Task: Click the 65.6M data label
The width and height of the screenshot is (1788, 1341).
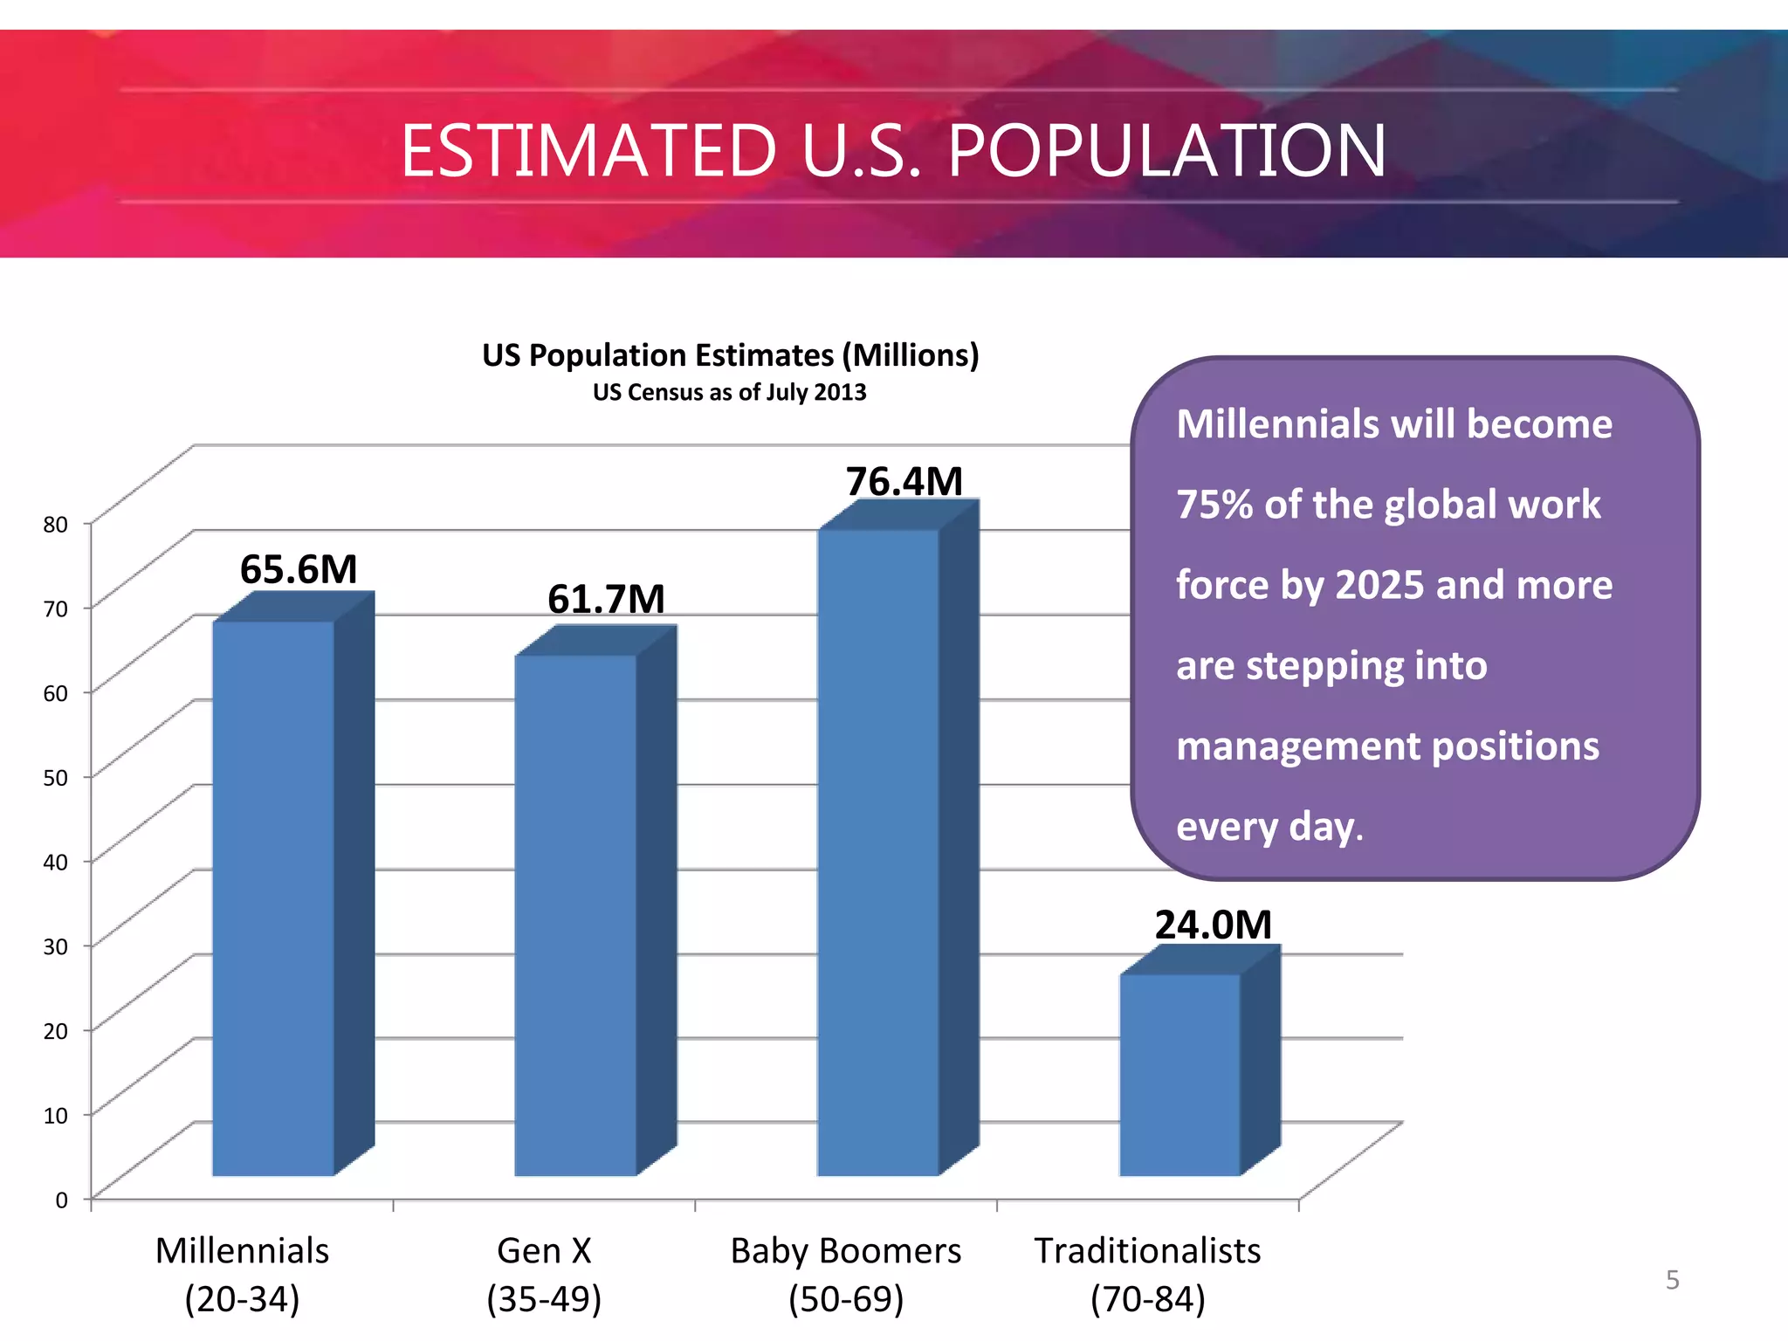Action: [299, 570]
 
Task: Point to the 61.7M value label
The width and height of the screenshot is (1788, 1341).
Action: [606, 600]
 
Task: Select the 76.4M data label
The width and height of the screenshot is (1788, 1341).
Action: [904, 482]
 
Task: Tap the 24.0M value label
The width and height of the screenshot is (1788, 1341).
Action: [1213, 925]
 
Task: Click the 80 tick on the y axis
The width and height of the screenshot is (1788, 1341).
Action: [56, 525]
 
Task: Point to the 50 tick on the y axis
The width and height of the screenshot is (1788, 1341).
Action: [56, 778]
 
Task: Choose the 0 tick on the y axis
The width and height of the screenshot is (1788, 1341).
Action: [61, 1200]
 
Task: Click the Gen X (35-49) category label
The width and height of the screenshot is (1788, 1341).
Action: [544, 1275]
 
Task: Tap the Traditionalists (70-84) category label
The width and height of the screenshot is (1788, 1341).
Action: [1147, 1275]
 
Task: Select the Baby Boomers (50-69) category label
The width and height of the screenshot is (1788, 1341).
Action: [845, 1275]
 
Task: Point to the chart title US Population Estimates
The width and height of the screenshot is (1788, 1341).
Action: [730, 355]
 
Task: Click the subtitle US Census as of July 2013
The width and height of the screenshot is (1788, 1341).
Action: [730, 392]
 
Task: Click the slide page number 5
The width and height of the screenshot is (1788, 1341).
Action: [1672, 1280]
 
